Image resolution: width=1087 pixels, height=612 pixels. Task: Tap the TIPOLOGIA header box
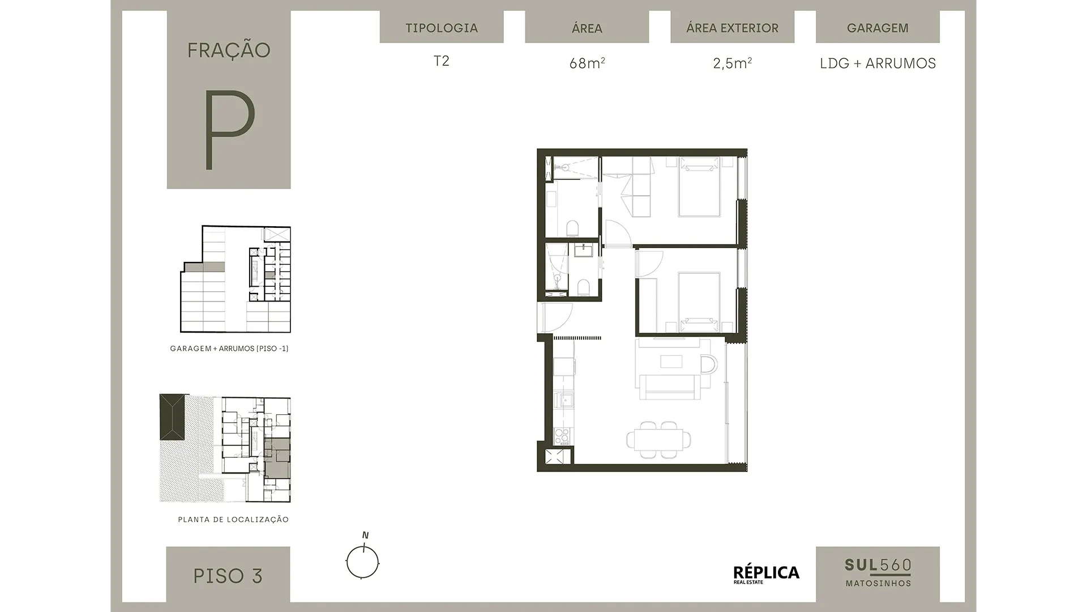click(442, 27)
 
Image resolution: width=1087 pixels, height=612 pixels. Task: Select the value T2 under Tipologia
click(442, 61)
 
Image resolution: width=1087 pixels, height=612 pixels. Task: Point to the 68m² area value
click(587, 63)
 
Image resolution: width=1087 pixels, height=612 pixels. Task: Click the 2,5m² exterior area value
click(733, 63)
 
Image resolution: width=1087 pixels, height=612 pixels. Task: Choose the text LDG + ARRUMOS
click(878, 63)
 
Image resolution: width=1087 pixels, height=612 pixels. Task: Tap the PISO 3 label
click(228, 576)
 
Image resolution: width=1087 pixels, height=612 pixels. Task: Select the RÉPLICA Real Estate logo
click(766, 574)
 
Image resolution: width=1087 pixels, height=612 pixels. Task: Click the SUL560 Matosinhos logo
click(878, 572)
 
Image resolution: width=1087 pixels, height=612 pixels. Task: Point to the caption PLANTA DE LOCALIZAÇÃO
click(233, 519)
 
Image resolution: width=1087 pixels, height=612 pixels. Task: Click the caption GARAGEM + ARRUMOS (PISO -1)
click(229, 348)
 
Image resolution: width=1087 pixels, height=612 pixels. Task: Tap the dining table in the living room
click(659, 439)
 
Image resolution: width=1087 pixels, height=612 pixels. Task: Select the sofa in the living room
click(674, 387)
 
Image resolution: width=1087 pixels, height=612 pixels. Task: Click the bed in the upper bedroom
click(700, 186)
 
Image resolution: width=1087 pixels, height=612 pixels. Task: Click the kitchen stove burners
click(562, 436)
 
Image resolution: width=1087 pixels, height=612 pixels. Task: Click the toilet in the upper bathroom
click(573, 228)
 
